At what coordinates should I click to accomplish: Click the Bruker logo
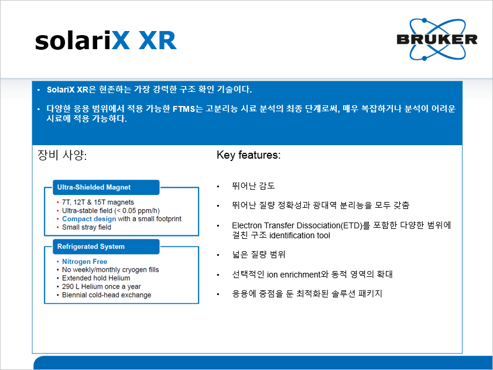(x=437, y=39)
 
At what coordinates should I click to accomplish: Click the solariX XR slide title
(x=106, y=40)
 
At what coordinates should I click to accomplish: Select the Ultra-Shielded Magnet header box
(x=106, y=187)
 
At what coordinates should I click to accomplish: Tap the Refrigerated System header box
(x=106, y=247)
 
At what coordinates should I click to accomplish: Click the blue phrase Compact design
(x=89, y=219)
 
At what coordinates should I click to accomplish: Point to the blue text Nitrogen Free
(x=84, y=262)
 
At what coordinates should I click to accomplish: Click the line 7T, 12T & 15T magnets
(x=98, y=202)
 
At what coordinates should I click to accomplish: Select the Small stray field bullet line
(x=87, y=227)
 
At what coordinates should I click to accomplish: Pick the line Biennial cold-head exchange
(x=107, y=295)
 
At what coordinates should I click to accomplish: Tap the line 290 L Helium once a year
(x=101, y=286)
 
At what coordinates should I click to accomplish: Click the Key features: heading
(x=248, y=155)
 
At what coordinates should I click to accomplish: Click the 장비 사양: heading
(x=62, y=155)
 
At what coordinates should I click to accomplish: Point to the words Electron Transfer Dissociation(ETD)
(x=297, y=225)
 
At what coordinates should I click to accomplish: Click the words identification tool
(x=300, y=235)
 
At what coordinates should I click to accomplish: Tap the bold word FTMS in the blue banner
(x=184, y=109)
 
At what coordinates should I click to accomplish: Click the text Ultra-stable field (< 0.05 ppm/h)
(x=111, y=211)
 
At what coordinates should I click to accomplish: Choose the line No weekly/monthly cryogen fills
(x=110, y=270)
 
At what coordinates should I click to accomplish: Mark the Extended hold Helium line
(x=96, y=278)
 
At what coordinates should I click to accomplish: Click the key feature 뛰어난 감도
(x=254, y=186)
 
